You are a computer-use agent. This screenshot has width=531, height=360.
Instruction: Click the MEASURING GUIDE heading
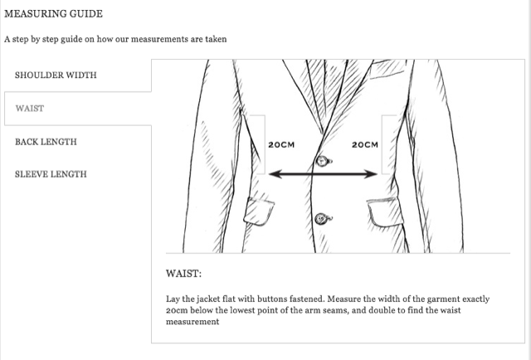[x=53, y=14]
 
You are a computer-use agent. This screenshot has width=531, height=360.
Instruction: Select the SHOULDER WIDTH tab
[x=56, y=75]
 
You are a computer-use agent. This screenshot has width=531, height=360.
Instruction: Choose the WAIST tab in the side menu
[x=30, y=109]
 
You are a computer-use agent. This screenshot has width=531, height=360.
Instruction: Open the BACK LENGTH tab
[x=46, y=142]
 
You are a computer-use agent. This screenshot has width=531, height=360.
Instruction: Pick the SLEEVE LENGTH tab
[x=51, y=174]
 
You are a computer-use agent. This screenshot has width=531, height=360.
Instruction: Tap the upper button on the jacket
[x=324, y=161]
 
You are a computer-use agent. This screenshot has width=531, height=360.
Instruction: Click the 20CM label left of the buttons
[x=281, y=144]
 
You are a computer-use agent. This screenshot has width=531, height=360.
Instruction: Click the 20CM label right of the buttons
[x=365, y=144]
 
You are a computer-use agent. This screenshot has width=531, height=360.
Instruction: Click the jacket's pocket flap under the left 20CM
[x=259, y=211]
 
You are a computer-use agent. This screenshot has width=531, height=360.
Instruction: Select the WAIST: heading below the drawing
[x=183, y=273]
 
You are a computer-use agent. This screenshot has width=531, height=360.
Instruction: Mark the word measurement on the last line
[x=192, y=321]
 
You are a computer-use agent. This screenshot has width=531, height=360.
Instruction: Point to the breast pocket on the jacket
[x=387, y=69]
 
